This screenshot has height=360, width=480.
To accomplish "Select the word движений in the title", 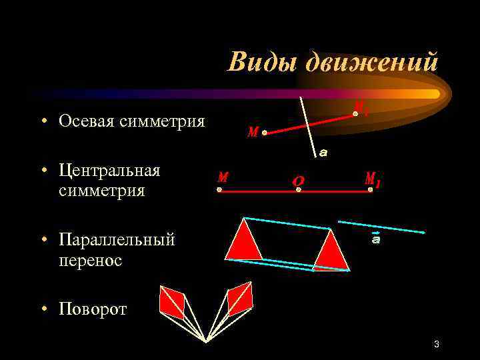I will pos(371,62).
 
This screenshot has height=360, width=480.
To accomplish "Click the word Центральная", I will pos(109,170).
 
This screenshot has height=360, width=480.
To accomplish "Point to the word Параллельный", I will pos(116,239).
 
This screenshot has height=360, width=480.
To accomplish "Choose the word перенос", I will pos(90,260).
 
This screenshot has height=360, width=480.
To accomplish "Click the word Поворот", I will pos(93,309).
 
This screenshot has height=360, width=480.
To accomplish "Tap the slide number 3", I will pos(436,344).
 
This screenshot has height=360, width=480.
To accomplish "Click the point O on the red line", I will pos(299,189).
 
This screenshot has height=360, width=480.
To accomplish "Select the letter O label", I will pos(298,180).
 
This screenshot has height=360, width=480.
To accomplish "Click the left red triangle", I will pos(243,241).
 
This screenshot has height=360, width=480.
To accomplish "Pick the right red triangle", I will pos(331,252).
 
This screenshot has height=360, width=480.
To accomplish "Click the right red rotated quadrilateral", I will pos(239,299).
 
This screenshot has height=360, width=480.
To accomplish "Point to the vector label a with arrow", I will pos(376,239).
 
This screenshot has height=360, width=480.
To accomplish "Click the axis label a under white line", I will pos(323,153).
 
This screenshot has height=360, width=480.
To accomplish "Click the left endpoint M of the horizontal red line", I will pos(219,189).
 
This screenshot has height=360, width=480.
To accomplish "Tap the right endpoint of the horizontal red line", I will pos(371,189).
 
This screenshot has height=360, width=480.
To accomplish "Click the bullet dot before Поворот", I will pos(42,309).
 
